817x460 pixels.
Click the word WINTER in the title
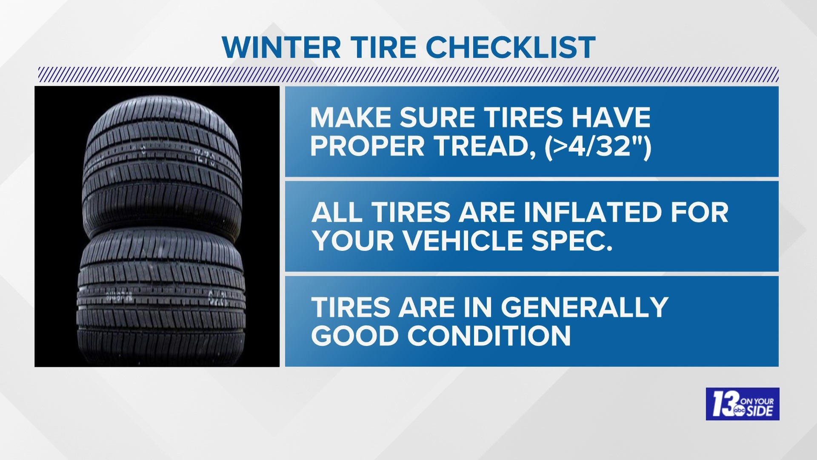coord(281,47)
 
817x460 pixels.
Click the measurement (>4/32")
coord(597,146)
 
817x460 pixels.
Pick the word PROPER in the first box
coord(368,146)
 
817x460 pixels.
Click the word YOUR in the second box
coord(352,241)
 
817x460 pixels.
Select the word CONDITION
coord(489,336)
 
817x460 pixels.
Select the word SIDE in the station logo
coord(762,411)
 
